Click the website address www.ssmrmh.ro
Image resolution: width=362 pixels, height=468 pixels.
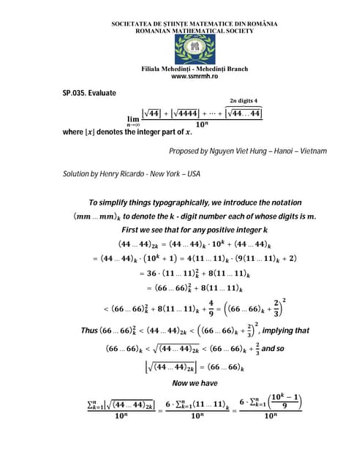[194, 76]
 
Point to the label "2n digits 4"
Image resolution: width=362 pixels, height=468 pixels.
[244, 100]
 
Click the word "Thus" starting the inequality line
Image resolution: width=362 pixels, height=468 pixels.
[90, 331]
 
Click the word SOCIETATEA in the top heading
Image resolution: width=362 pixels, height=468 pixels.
[135, 24]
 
